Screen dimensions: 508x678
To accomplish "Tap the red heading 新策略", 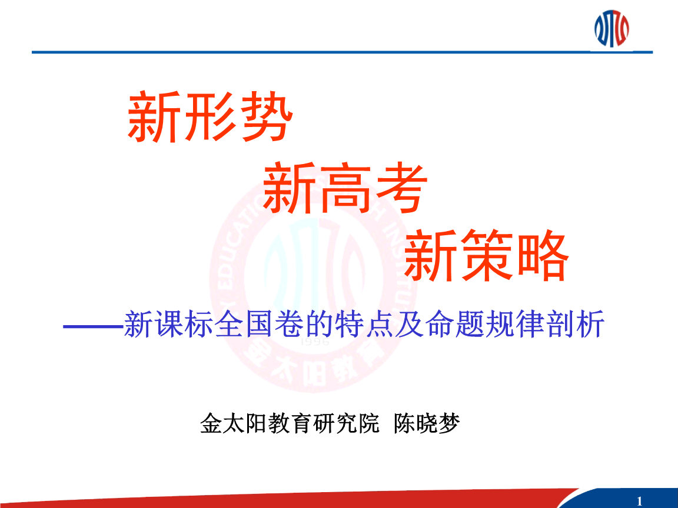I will (x=487, y=256).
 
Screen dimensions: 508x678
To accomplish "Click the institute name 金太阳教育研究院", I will (x=290, y=423).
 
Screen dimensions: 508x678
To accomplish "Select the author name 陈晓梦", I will (x=426, y=423).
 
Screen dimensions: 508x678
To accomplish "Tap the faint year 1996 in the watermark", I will (x=314, y=342).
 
